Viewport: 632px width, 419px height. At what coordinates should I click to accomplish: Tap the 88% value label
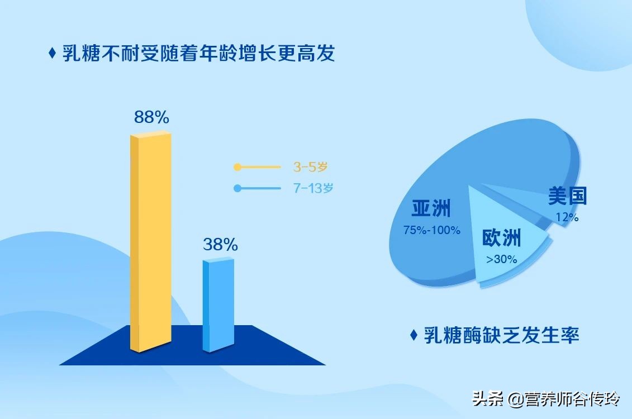[151, 117]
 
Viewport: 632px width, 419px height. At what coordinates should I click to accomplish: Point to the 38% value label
[220, 244]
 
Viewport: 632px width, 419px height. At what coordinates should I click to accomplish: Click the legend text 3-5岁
[313, 166]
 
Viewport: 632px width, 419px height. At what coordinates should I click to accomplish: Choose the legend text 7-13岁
[313, 188]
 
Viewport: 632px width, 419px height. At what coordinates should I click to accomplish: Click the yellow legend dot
[237, 166]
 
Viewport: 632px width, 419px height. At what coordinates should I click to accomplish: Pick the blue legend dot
[237, 188]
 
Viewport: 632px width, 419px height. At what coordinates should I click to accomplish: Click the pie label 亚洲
[431, 208]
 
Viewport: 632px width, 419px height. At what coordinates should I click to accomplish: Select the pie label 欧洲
[501, 238]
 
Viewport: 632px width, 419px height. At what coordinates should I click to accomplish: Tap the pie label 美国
[567, 197]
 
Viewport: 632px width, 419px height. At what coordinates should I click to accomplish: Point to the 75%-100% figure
[432, 230]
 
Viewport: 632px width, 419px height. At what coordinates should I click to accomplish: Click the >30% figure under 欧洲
[501, 259]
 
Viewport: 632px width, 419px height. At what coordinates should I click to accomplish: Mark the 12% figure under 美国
[567, 218]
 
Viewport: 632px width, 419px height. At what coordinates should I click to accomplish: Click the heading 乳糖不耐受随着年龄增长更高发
[199, 54]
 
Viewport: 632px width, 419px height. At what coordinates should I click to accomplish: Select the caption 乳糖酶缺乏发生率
[501, 335]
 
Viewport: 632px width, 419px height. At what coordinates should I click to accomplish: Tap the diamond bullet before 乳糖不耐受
[52, 54]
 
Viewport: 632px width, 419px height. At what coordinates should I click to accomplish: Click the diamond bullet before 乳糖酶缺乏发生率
[414, 335]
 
